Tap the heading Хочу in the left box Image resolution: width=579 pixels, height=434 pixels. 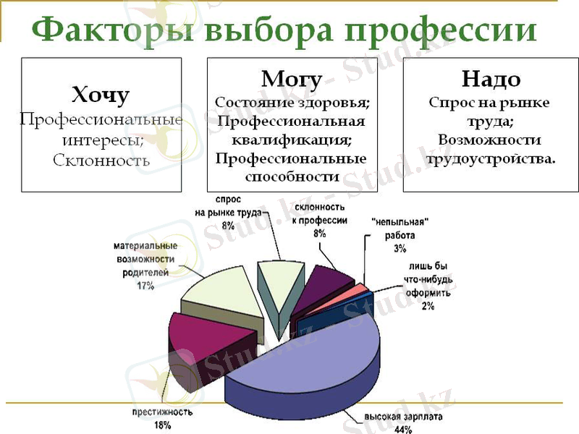101,94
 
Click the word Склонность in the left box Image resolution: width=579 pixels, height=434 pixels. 101,160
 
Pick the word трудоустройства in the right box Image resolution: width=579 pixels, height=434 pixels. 490,158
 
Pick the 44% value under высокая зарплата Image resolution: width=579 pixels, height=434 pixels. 403,429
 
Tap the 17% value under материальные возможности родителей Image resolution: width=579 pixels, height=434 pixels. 144,285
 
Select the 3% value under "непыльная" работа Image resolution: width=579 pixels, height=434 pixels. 400,248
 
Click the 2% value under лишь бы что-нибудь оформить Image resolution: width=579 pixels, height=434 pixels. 428,306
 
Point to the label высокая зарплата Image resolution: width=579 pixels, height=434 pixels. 404,417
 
